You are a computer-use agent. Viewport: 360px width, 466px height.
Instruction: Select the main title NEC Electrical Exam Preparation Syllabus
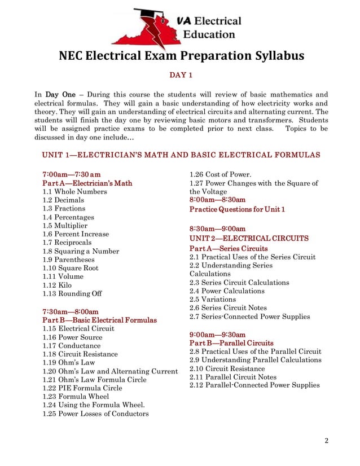181,56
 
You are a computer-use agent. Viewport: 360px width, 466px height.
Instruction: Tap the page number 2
326,441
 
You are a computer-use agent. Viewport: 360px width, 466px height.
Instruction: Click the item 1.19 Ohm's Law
69,363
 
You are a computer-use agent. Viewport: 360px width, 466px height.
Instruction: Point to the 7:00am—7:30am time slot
72,174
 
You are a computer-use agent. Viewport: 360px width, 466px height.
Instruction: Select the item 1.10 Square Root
71,268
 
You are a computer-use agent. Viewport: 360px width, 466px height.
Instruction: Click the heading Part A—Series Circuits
229,248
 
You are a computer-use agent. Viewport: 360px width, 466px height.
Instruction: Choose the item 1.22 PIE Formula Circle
82,388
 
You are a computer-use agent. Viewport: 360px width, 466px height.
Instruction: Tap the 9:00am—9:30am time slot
217,334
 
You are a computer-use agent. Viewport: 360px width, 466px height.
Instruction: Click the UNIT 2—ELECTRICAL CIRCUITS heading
249,238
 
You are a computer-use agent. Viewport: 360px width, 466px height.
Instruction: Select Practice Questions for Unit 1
237,209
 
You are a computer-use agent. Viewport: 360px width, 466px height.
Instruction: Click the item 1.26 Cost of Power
220,174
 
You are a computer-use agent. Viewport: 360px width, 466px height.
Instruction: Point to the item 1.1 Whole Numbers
74,192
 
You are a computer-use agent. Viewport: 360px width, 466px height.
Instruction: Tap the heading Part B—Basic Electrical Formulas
99,320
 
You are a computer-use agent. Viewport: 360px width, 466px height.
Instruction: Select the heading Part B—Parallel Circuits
231,343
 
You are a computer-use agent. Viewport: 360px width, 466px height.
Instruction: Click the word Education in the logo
209,34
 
